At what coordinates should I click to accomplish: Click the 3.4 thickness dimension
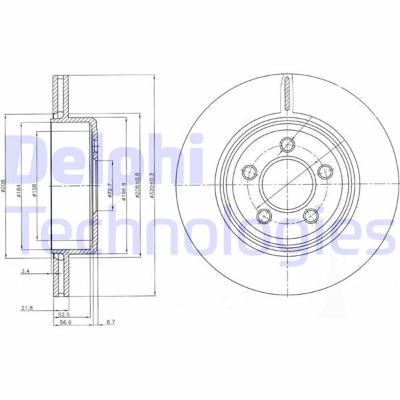25,271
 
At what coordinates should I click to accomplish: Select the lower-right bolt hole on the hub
310,215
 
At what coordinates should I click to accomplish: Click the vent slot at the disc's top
287,90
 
